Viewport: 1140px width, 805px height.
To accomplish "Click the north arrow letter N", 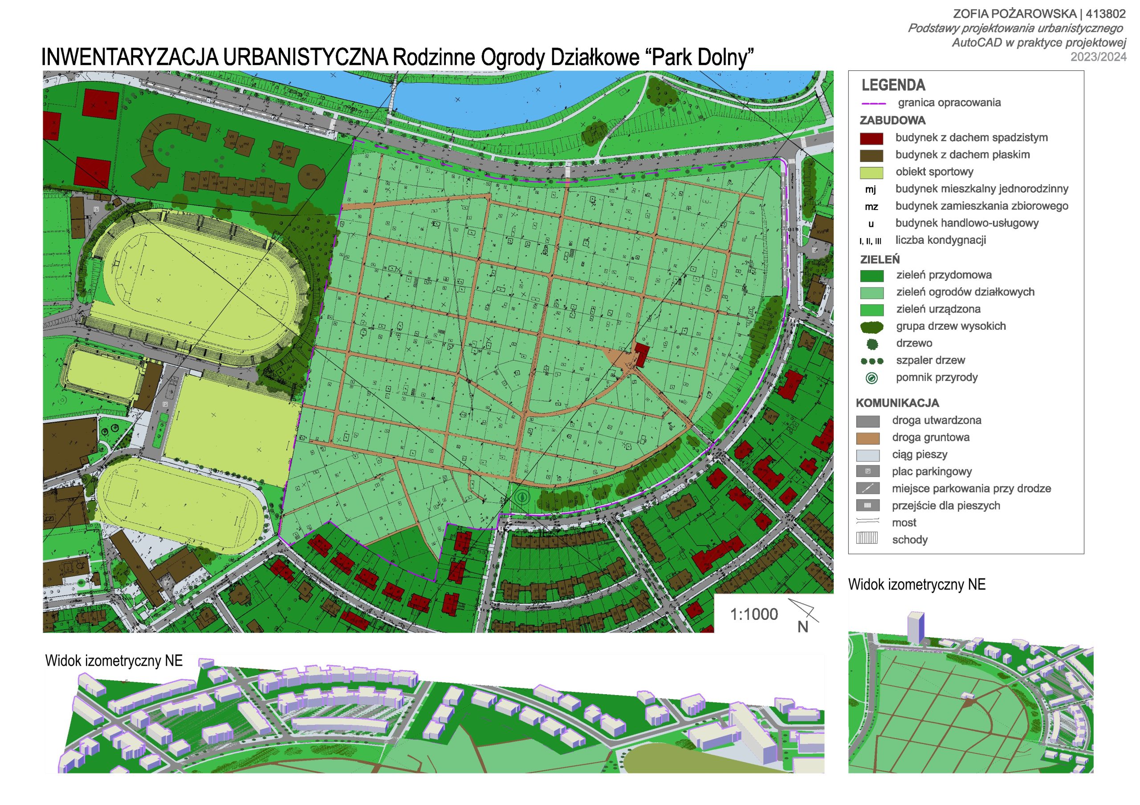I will [x=803, y=627].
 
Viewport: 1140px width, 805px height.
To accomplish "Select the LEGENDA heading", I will [x=893, y=85].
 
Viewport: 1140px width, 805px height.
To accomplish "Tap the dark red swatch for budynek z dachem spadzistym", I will [x=871, y=138].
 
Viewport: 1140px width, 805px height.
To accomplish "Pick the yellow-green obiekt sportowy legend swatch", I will [x=871, y=173].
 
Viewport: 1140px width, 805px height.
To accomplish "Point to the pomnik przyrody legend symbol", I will [x=871, y=378].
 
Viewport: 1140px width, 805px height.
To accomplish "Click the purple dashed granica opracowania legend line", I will [x=874, y=104].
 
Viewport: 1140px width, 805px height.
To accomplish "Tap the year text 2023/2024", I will [x=1098, y=57].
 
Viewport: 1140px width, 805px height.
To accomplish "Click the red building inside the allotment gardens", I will [x=642, y=354].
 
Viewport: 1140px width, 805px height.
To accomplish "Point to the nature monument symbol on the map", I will [x=521, y=496].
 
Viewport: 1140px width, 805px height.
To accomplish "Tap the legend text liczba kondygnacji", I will [x=940, y=240].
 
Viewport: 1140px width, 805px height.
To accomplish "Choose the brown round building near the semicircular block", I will [x=311, y=176].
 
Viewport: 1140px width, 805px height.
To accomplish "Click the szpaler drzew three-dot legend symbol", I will [x=872, y=361].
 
